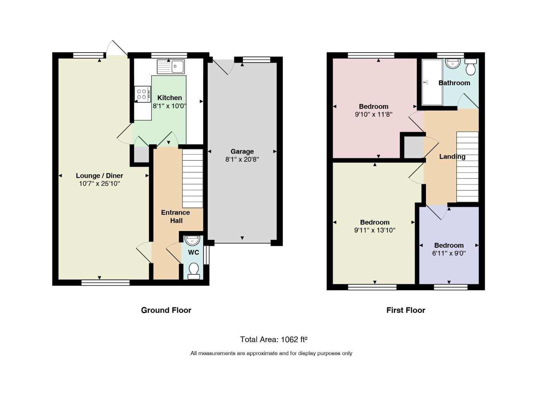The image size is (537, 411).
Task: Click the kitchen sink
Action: coord(171,66)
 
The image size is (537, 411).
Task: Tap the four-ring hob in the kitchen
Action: coord(142,94)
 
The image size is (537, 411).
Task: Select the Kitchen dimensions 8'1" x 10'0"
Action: coord(170,106)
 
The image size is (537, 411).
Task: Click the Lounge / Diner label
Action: coord(99,175)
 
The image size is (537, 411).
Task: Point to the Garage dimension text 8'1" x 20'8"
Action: coord(242,159)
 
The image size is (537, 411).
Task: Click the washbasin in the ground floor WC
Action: coord(192,241)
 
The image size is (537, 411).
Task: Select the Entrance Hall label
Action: coord(176,217)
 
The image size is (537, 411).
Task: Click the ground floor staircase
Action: coord(192,178)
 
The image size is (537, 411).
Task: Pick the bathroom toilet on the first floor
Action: coord(470,67)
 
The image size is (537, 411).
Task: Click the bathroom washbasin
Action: coord(453,64)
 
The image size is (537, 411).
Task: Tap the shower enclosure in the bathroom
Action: coord(432,82)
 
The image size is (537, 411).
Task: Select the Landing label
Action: coord(452,156)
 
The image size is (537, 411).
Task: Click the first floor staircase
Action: coord(467,167)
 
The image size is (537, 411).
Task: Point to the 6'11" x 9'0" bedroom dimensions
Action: coord(449,253)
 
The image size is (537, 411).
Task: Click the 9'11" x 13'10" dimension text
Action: coord(375,230)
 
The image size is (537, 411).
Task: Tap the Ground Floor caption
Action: coord(166,310)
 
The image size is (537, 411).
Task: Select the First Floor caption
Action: coord(406,310)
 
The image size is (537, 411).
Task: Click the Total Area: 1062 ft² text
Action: coord(273,339)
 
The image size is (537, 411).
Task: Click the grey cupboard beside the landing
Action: coord(413,147)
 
